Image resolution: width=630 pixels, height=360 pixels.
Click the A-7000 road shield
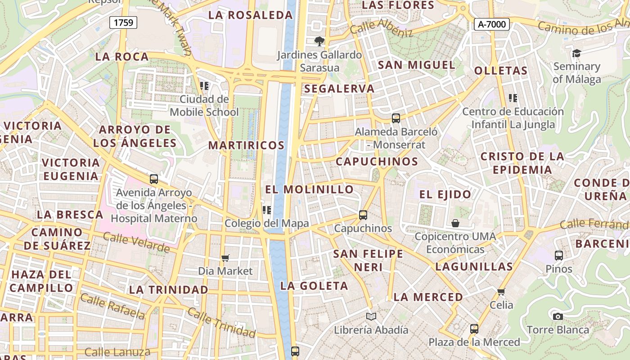pos(491,24)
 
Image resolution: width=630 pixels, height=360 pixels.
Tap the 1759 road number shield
pos(123,22)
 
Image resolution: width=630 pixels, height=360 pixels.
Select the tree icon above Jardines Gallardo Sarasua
pos(319,41)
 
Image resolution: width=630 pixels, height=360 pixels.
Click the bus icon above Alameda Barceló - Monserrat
pos(396,118)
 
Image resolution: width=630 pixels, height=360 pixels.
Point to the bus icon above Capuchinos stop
pos(363,215)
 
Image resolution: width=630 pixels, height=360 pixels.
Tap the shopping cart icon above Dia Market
pos(225,258)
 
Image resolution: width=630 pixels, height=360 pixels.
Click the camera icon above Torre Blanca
pos(558,316)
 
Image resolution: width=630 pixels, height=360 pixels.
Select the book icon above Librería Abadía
pos(371,316)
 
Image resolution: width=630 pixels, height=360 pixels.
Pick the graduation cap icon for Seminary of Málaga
pos(576,54)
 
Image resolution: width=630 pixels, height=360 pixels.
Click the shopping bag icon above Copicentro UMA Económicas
pos(455,223)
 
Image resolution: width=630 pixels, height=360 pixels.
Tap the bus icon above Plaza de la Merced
pos(474,329)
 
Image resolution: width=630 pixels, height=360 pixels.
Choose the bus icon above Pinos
pos(559,256)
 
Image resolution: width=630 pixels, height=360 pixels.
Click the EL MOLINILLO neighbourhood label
pos(309,189)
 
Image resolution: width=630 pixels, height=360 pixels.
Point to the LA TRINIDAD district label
pos(169,290)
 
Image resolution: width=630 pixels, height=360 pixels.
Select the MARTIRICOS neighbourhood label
pos(246,145)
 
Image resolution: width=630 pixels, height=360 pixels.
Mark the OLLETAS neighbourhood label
pos(501,71)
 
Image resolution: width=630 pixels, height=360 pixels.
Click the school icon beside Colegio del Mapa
pos(266,210)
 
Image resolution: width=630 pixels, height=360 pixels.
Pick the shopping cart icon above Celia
pos(501,292)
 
